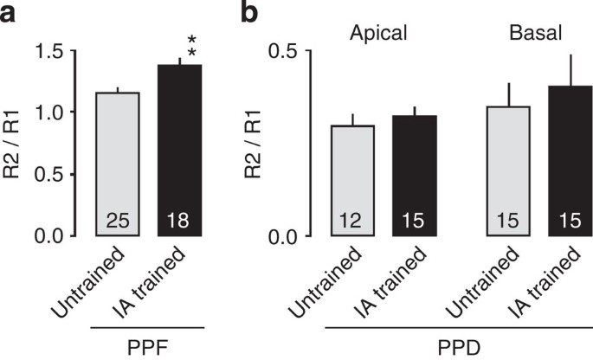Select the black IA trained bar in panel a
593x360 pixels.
(x=178, y=151)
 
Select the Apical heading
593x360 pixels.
(x=380, y=35)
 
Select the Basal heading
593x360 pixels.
(x=532, y=35)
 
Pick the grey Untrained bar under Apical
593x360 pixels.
(x=352, y=181)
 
